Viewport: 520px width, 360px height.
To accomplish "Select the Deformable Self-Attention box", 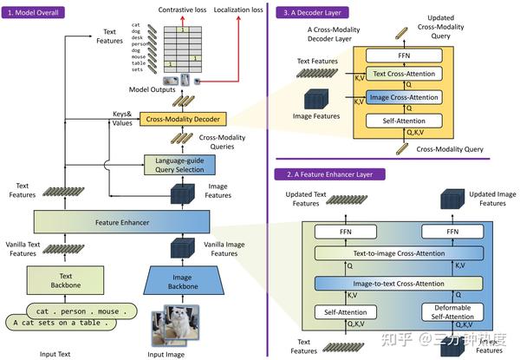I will (453, 311).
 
